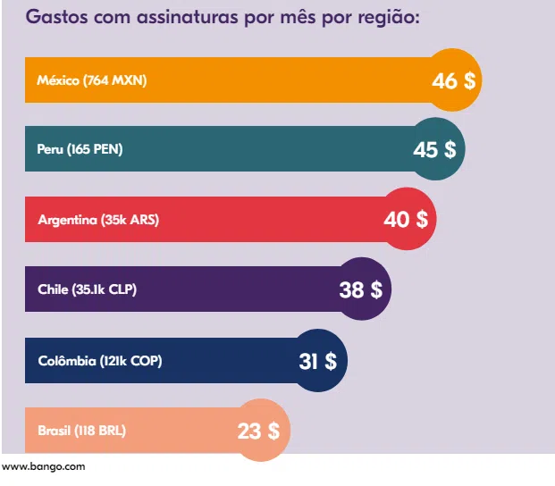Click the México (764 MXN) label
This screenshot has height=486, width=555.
[92, 80]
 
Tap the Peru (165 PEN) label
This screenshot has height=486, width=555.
[80, 149]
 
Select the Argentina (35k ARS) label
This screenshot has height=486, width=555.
[98, 219]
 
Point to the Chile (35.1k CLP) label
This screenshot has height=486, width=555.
[88, 289]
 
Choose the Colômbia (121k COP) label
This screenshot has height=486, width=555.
[100, 361]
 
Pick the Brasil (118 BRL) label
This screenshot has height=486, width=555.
[82, 431]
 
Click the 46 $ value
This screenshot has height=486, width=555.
[454, 80]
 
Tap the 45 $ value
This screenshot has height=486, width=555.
[435, 149]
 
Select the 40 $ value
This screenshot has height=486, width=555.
[406, 219]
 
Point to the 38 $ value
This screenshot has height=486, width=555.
[361, 289]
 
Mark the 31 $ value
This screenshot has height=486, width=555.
[317, 361]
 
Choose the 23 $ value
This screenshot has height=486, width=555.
[259, 431]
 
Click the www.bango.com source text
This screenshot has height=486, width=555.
[44, 466]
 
